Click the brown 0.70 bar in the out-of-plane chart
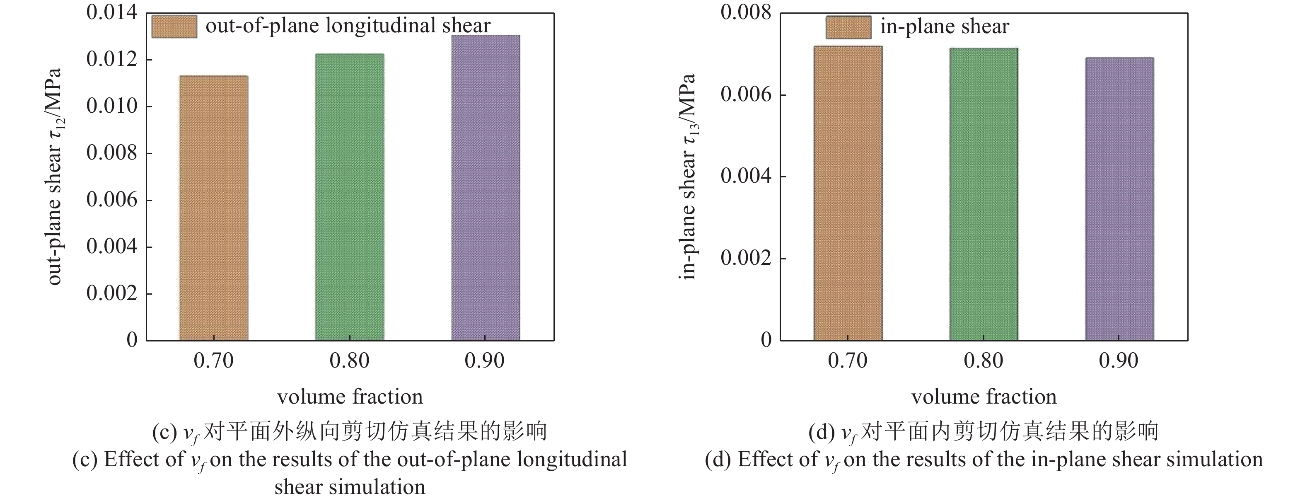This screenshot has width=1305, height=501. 213,208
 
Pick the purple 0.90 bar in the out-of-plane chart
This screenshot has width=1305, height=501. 485,187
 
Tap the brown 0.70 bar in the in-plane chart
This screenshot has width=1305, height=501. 848,193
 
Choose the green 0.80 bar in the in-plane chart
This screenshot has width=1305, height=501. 984,194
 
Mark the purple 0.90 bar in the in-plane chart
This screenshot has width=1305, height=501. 1119,198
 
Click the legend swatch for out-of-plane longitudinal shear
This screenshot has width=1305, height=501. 174,27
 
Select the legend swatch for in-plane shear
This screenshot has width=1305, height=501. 848,27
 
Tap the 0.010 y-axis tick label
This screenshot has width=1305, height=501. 112,106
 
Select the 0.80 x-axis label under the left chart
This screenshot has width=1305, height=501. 349,361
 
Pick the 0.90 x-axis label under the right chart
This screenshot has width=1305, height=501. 1119,361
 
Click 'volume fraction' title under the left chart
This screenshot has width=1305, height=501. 350,397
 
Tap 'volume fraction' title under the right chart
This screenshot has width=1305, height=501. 984,397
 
